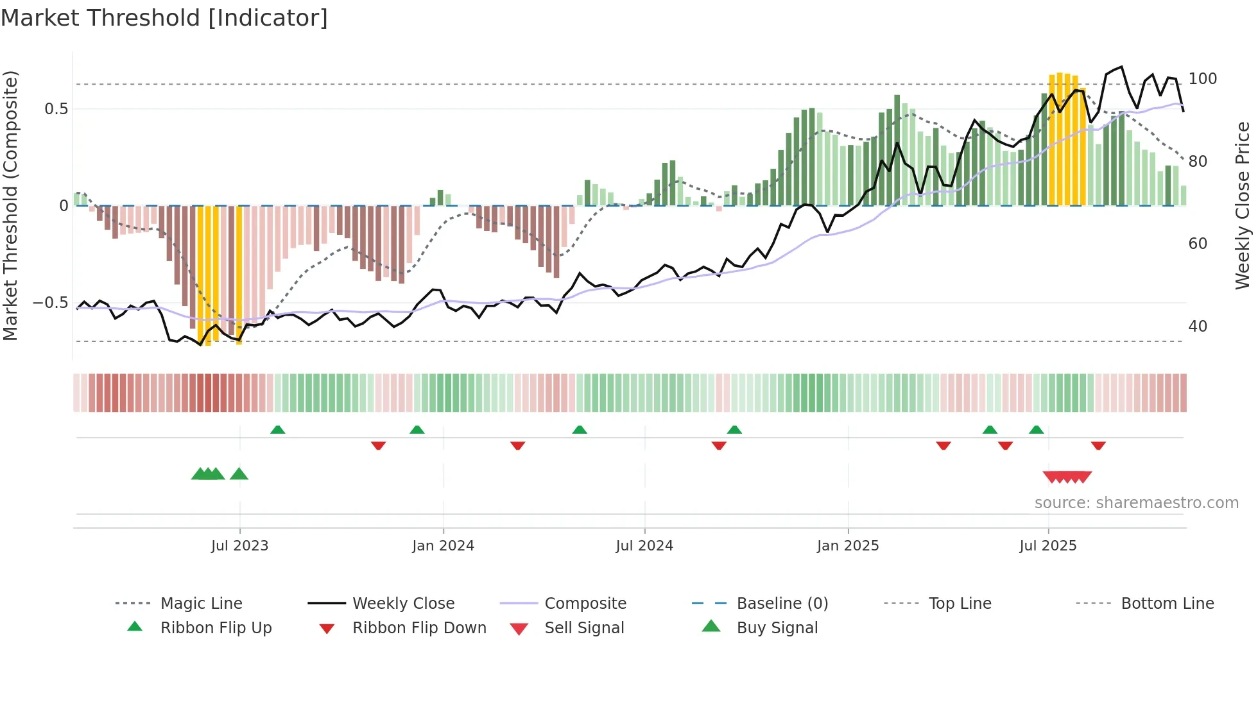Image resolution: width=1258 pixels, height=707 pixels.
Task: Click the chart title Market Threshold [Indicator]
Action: point(164,18)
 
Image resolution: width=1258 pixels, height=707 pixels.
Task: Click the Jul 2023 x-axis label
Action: point(239,546)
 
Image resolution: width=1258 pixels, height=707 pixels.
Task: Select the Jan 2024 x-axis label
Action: point(443,546)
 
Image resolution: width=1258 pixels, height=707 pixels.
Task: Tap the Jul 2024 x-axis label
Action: point(644,546)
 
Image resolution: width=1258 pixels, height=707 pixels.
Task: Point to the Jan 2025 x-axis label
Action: point(848,546)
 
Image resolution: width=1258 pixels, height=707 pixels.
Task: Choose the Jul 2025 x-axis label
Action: point(1048,546)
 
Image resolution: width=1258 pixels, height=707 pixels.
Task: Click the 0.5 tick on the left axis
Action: point(56,109)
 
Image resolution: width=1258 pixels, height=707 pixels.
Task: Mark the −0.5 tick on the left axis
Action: point(51,303)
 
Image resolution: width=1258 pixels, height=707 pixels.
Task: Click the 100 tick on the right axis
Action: point(1202,79)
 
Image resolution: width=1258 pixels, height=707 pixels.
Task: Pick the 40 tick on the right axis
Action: point(1198,327)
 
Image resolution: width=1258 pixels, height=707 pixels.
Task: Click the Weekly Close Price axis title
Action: point(1243,205)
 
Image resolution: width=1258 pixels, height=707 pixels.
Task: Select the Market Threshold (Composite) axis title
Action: point(10,205)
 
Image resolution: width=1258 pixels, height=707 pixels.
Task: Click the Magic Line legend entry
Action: point(201,604)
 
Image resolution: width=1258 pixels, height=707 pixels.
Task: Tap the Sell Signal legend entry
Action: point(584,628)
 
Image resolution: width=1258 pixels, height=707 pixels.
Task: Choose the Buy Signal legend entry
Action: point(777,628)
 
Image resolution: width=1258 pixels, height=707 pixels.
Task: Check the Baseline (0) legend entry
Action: point(782,604)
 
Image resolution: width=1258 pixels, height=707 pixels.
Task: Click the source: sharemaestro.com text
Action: point(1136,503)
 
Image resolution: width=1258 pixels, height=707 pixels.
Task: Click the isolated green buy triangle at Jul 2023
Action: point(239,474)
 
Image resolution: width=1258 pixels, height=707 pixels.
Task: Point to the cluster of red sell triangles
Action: point(1067,477)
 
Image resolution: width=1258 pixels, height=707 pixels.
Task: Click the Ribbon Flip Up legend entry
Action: point(216,628)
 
